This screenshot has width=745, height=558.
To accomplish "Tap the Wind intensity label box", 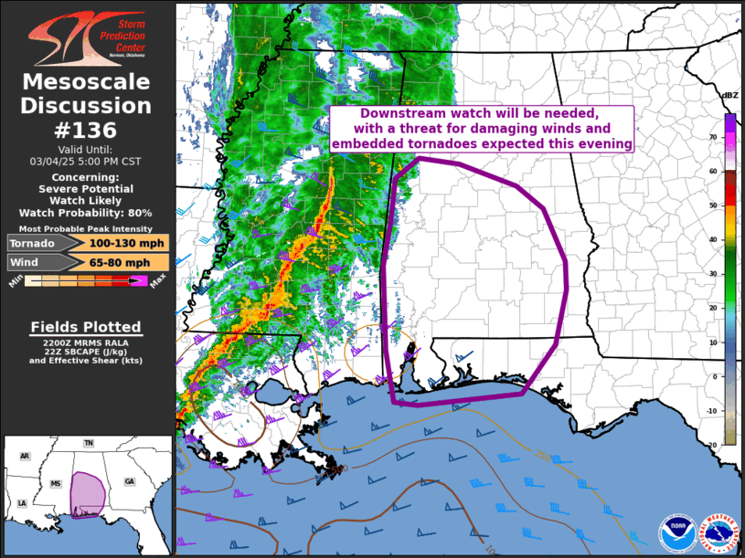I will click(x=34, y=262).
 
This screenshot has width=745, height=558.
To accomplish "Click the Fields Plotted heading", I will click(x=86, y=327).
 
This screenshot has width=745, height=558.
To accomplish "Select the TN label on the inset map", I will click(x=89, y=443).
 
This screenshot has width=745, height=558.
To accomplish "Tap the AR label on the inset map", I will click(x=25, y=456).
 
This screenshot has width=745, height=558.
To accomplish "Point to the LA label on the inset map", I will click(x=22, y=503).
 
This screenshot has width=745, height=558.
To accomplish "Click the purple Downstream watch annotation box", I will click(x=482, y=128).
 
